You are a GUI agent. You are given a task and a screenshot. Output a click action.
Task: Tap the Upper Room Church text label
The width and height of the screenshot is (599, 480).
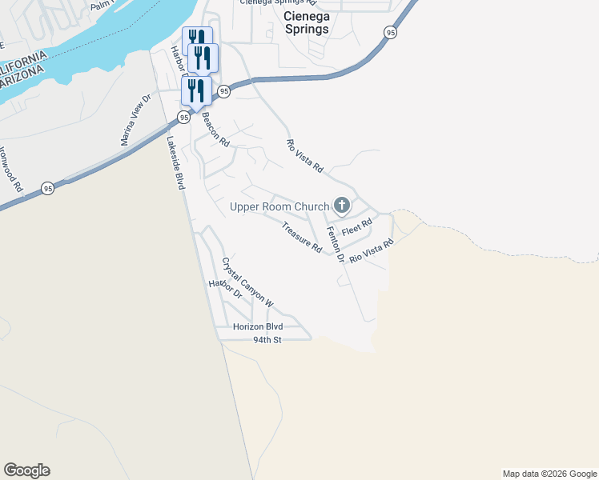[279, 206]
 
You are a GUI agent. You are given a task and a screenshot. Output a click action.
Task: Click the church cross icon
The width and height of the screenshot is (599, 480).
[342, 206]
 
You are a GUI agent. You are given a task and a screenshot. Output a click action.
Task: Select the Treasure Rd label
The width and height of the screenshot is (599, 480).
[301, 238]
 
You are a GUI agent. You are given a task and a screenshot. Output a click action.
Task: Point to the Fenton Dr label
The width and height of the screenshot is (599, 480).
[335, 245]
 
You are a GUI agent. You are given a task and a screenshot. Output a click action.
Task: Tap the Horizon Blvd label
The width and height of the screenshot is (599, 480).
[258, 326]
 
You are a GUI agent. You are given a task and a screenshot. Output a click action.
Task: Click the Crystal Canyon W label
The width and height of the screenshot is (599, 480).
[247, 282]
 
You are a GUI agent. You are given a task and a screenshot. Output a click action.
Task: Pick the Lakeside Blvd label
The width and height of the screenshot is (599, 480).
[175, 161]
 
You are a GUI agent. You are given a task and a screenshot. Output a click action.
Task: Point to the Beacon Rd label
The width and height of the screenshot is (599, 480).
[215, 130]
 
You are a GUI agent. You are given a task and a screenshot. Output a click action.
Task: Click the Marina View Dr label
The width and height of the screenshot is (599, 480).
[135, 120]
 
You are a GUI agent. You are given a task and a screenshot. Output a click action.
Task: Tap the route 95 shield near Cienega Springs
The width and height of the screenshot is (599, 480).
[390, 32]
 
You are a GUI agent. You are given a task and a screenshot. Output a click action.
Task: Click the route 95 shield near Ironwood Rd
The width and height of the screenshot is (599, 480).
[49, 189]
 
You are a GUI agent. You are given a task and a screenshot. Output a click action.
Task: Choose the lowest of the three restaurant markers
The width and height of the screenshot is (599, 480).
[196, 90]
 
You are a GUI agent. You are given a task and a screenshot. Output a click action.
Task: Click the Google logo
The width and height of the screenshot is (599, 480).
[26, 470]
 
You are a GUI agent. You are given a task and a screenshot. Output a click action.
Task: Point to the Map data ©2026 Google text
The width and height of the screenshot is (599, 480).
[549, 474]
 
